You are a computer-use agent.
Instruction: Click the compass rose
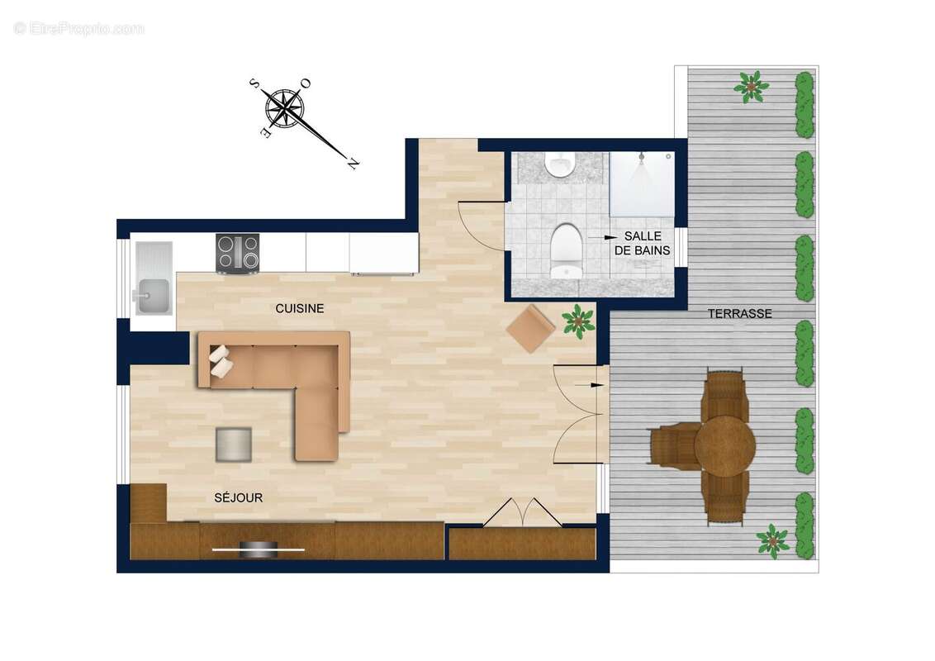pyautogui.click(x=284, y=107)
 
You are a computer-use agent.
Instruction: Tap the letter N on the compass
pyautogui.click(x=353, y=163)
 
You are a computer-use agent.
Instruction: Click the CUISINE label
pyautogui.click(x=299, y=308)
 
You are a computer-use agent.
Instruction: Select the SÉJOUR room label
pyautogui.click(x=238, y=497)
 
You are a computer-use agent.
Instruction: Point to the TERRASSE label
pyautogui.click(x=739, y=314)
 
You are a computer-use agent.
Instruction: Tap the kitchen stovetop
pyautogui.click(x=238, y=252)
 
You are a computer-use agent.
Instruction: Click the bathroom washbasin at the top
pyautogui.click(x=560, y=164)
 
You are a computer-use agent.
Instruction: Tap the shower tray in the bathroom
pyautogui.click(x=642, y=184)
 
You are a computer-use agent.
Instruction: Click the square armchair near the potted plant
pyautogui.click(x=530, y=328)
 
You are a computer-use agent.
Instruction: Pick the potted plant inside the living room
pyautogui.click(x=578, y=321)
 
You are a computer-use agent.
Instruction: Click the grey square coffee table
pyautogui.click(x=234, y=444)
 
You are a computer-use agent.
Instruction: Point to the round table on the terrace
pyautogui.click(x=724, y=446)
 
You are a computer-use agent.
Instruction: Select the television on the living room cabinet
pyautogui.click(x=259, y=549)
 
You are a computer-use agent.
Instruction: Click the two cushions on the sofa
pyautogui.click(x=221, y=362)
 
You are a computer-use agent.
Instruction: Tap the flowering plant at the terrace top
pyautogui.click(x=751, y=86)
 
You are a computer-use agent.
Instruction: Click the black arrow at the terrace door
pyautogui.click(x=591, y=385)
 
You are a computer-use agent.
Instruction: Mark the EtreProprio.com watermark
pyautogui.click(x=78, y=28)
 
